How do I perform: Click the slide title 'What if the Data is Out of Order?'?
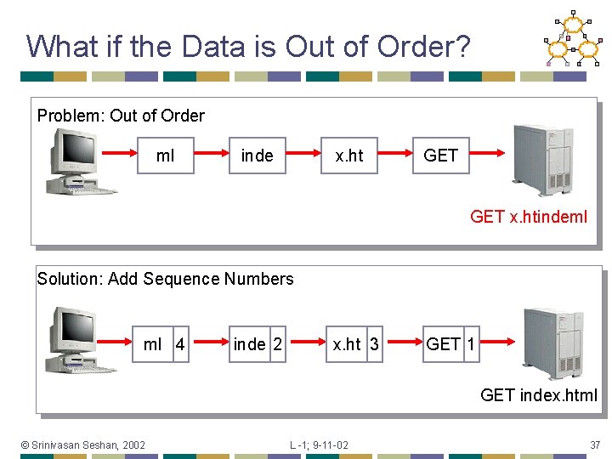click(247, 46)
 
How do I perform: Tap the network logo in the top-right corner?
click(573, 39)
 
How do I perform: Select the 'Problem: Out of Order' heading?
click(121, 116)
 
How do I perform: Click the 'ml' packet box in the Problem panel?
click(166, 156)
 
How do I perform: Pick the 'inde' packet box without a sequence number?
click(257, 156)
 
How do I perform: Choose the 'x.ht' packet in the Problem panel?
click(348, 156)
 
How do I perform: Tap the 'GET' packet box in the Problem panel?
click(440, 156)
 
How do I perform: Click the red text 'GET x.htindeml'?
click(528, 217)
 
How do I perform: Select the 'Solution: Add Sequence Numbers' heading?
click(165, 279)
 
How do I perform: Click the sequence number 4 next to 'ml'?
click(179, 344)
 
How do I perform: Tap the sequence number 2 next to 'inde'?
click(277, 344)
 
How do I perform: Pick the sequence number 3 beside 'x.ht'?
click(374, 344)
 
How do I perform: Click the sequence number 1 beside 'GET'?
click(471, 344)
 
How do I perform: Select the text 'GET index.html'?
click(539, 395)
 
